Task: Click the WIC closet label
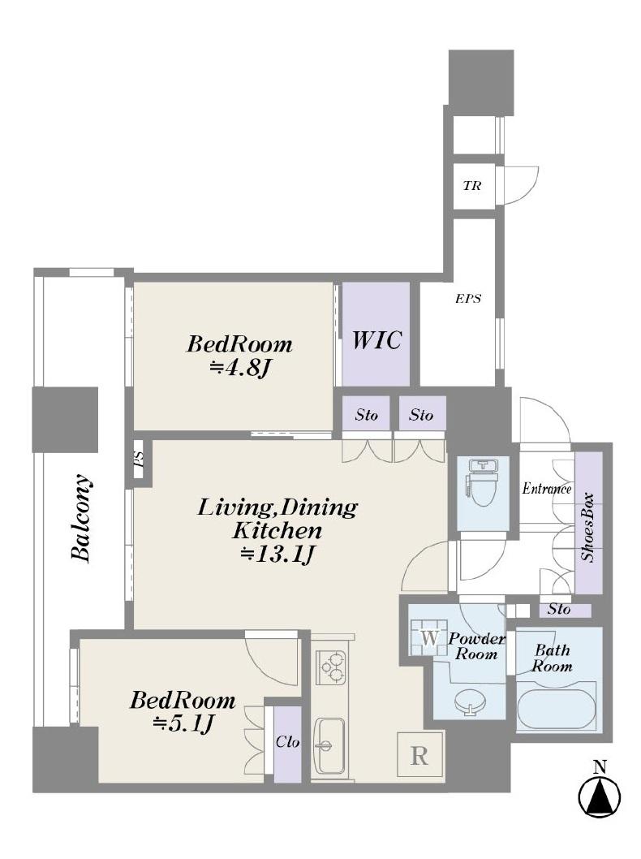point(376,339)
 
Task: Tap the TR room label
point(472,186)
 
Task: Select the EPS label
point(468,299)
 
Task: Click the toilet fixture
point(482,483)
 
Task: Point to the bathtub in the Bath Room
point(556,706)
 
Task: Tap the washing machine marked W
point(430,637)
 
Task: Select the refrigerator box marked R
point(419,755)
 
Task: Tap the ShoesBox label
point(588,528)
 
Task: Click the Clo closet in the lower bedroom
point(287,744)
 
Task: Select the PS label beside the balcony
point(139,457)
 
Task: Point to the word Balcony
point(81,517)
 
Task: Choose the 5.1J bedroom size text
point(183,724)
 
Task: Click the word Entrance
point(547,488)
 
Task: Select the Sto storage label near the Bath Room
point(558,609)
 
